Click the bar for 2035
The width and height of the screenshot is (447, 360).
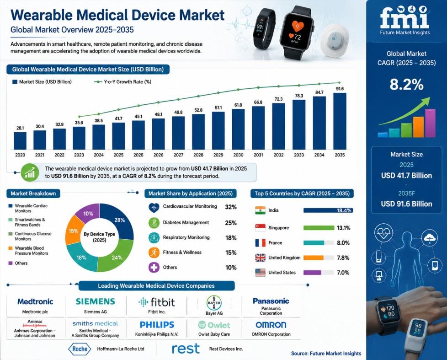[340, 121]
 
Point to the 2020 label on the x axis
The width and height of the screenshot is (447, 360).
[20, 155]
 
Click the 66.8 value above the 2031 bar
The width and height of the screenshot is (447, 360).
[258, 102]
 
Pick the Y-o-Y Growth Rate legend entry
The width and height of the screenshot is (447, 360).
[123, 82]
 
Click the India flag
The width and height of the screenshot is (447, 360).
[260, 210]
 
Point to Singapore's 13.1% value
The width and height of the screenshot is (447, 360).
[344, 228]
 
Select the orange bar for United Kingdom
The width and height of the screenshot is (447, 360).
[313, 258]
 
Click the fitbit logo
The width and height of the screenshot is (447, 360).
[156, 302]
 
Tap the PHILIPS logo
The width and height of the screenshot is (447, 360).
[157, 325]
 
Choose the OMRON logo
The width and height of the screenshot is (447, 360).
[271, 325]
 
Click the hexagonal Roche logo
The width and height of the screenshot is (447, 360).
[80, 349]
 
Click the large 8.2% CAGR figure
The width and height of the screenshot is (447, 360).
[406, 85]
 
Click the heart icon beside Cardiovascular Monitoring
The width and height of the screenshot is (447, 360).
[154, 207]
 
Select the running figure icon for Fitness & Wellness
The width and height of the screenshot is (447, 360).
[154, 253]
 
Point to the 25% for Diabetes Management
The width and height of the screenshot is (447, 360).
[231, 223]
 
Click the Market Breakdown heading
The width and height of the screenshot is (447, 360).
[33, 193]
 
